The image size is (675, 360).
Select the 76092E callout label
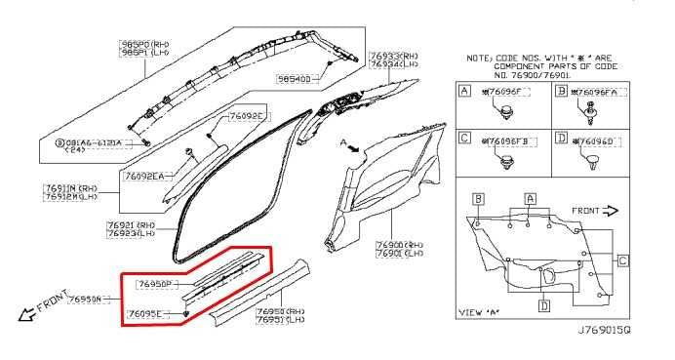click(247, 116)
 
